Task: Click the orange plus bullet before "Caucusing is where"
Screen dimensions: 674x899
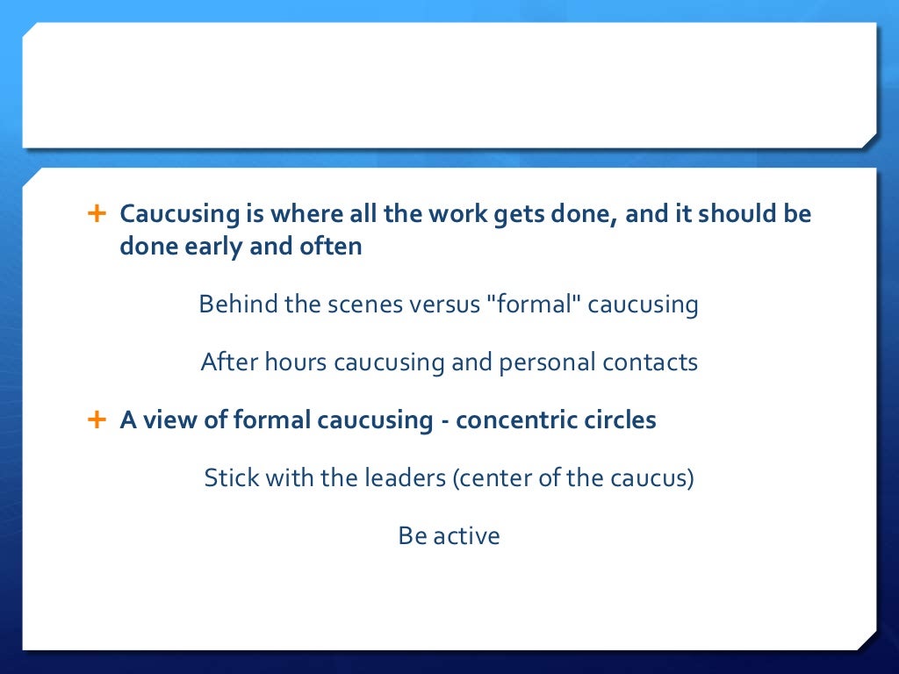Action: [x=96, y=213]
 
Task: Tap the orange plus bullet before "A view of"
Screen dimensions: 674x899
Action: [x=96, y=419]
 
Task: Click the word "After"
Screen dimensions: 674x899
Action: [x=226, y=362]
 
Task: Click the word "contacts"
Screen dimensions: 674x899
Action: [x=652, y=362]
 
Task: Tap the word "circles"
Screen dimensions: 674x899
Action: [x=620, y=420]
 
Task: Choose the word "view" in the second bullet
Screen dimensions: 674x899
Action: [x=169, y=420]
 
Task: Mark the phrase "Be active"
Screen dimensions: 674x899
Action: [x=449, y=535]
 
